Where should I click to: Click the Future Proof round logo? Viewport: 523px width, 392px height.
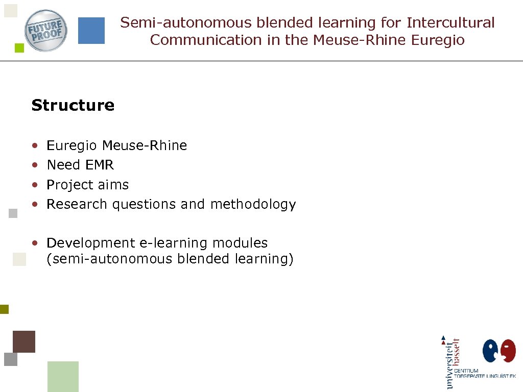[x=46, y=31]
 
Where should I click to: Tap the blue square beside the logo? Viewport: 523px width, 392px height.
[x=91, y=31]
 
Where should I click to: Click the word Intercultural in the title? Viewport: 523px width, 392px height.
[x=450, y=22]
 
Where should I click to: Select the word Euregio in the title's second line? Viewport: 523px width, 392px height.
[x=440, y=40]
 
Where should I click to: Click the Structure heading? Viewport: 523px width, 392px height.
[x=73, y=105]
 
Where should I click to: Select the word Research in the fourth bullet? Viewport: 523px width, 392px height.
[x=77, y=204]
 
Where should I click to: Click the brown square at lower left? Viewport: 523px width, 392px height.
[x=24, y=341]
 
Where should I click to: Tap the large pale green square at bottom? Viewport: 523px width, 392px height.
[x=63, y=376]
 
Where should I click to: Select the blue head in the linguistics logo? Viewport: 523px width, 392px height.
[x=491, y=351]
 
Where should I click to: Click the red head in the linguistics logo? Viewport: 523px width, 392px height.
[x=508, y=351]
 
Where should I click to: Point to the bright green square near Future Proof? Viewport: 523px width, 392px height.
[x=19, y=48]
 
